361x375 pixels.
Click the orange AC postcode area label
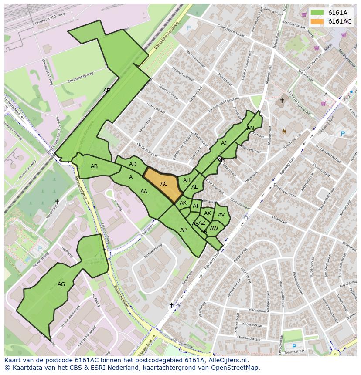click(164, 184)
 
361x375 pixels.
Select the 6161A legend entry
click(337, 13)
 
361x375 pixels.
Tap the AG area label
click(61, 284)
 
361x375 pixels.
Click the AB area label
click(94, 166)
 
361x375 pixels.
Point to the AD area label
click(133, 164)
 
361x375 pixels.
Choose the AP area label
click(184, 230)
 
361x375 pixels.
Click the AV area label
click(221, 215)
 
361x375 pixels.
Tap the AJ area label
click(224, 143)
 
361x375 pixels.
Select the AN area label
click(250, 128)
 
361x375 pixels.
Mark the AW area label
click(214, 229)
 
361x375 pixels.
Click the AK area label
click(183, 203)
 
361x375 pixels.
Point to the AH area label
click(187, 180)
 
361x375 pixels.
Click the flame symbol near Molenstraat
click(284, 131)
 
